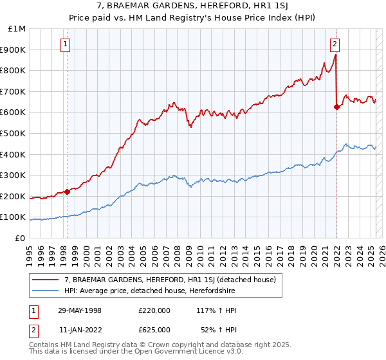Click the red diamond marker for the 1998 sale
[x=68, y=192]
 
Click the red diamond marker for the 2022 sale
[x=336, y=107]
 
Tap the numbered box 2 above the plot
[x=335, y=44]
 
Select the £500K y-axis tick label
[x=14, y=133]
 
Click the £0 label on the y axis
[x=20, y=238]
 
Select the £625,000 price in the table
[x=154, y=330]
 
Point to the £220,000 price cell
[x=154, y=310]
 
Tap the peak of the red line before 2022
[x=335, y=55]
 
